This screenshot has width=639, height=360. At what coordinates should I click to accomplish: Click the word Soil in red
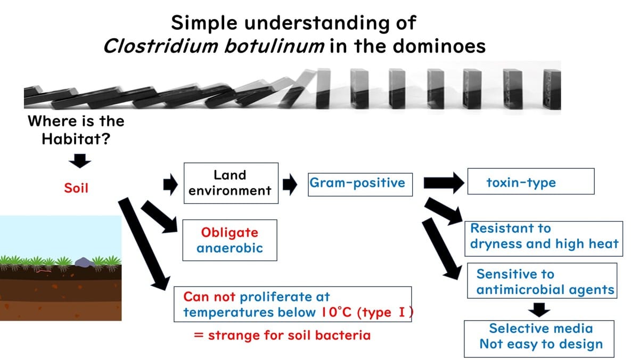click(76, 189)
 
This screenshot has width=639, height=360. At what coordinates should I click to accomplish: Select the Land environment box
click(230, 183)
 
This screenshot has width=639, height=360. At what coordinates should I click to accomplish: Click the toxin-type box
click(530, 183)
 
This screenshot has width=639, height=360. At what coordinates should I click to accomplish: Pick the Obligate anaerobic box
click(230, 240)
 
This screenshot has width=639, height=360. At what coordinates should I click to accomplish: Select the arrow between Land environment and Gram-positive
click(290, 184)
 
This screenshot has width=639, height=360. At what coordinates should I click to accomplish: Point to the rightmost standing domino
click(546, 89)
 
